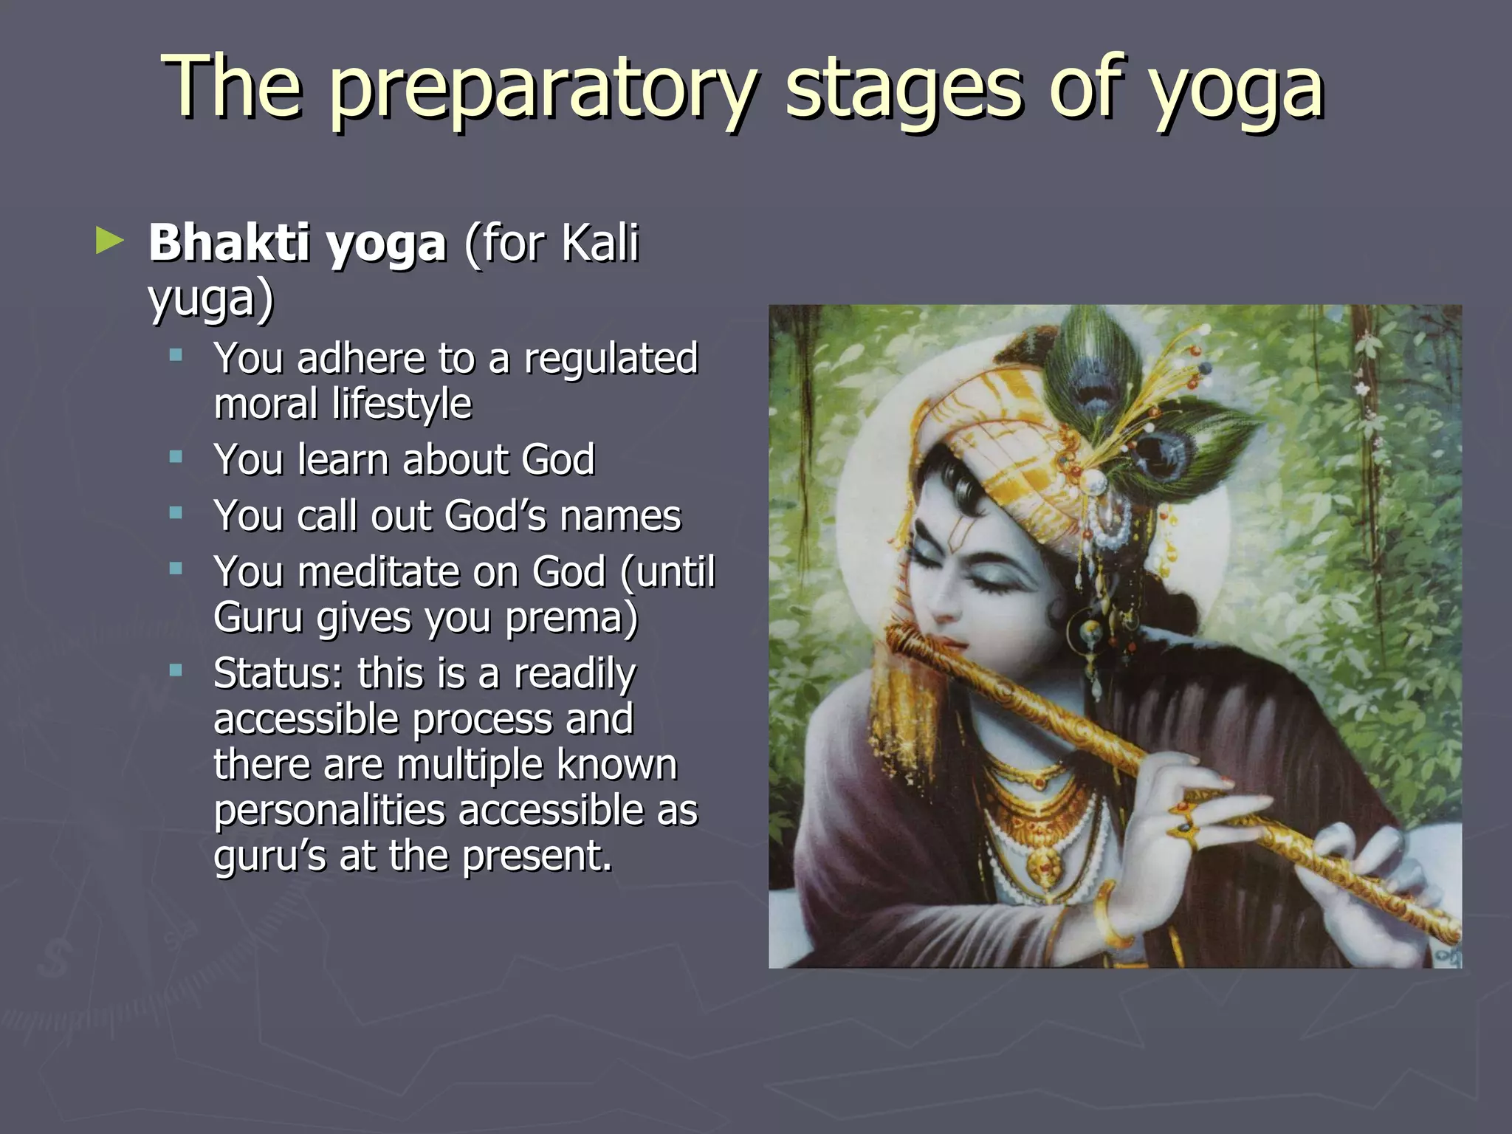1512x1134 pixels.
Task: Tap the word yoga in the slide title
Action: [x=1237, y=90]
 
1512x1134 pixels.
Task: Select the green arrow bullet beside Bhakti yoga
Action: [x=109, y=241]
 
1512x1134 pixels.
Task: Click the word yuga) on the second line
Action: [x=211, y=299]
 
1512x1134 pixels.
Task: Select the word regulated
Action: [x=611, y=358]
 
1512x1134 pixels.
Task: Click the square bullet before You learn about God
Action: [x=176, y=458]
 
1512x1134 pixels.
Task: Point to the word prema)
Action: [x=571, y=617]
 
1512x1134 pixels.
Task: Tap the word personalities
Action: [x=329, y=811]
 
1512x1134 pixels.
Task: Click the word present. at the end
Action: [x=537, y=856]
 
